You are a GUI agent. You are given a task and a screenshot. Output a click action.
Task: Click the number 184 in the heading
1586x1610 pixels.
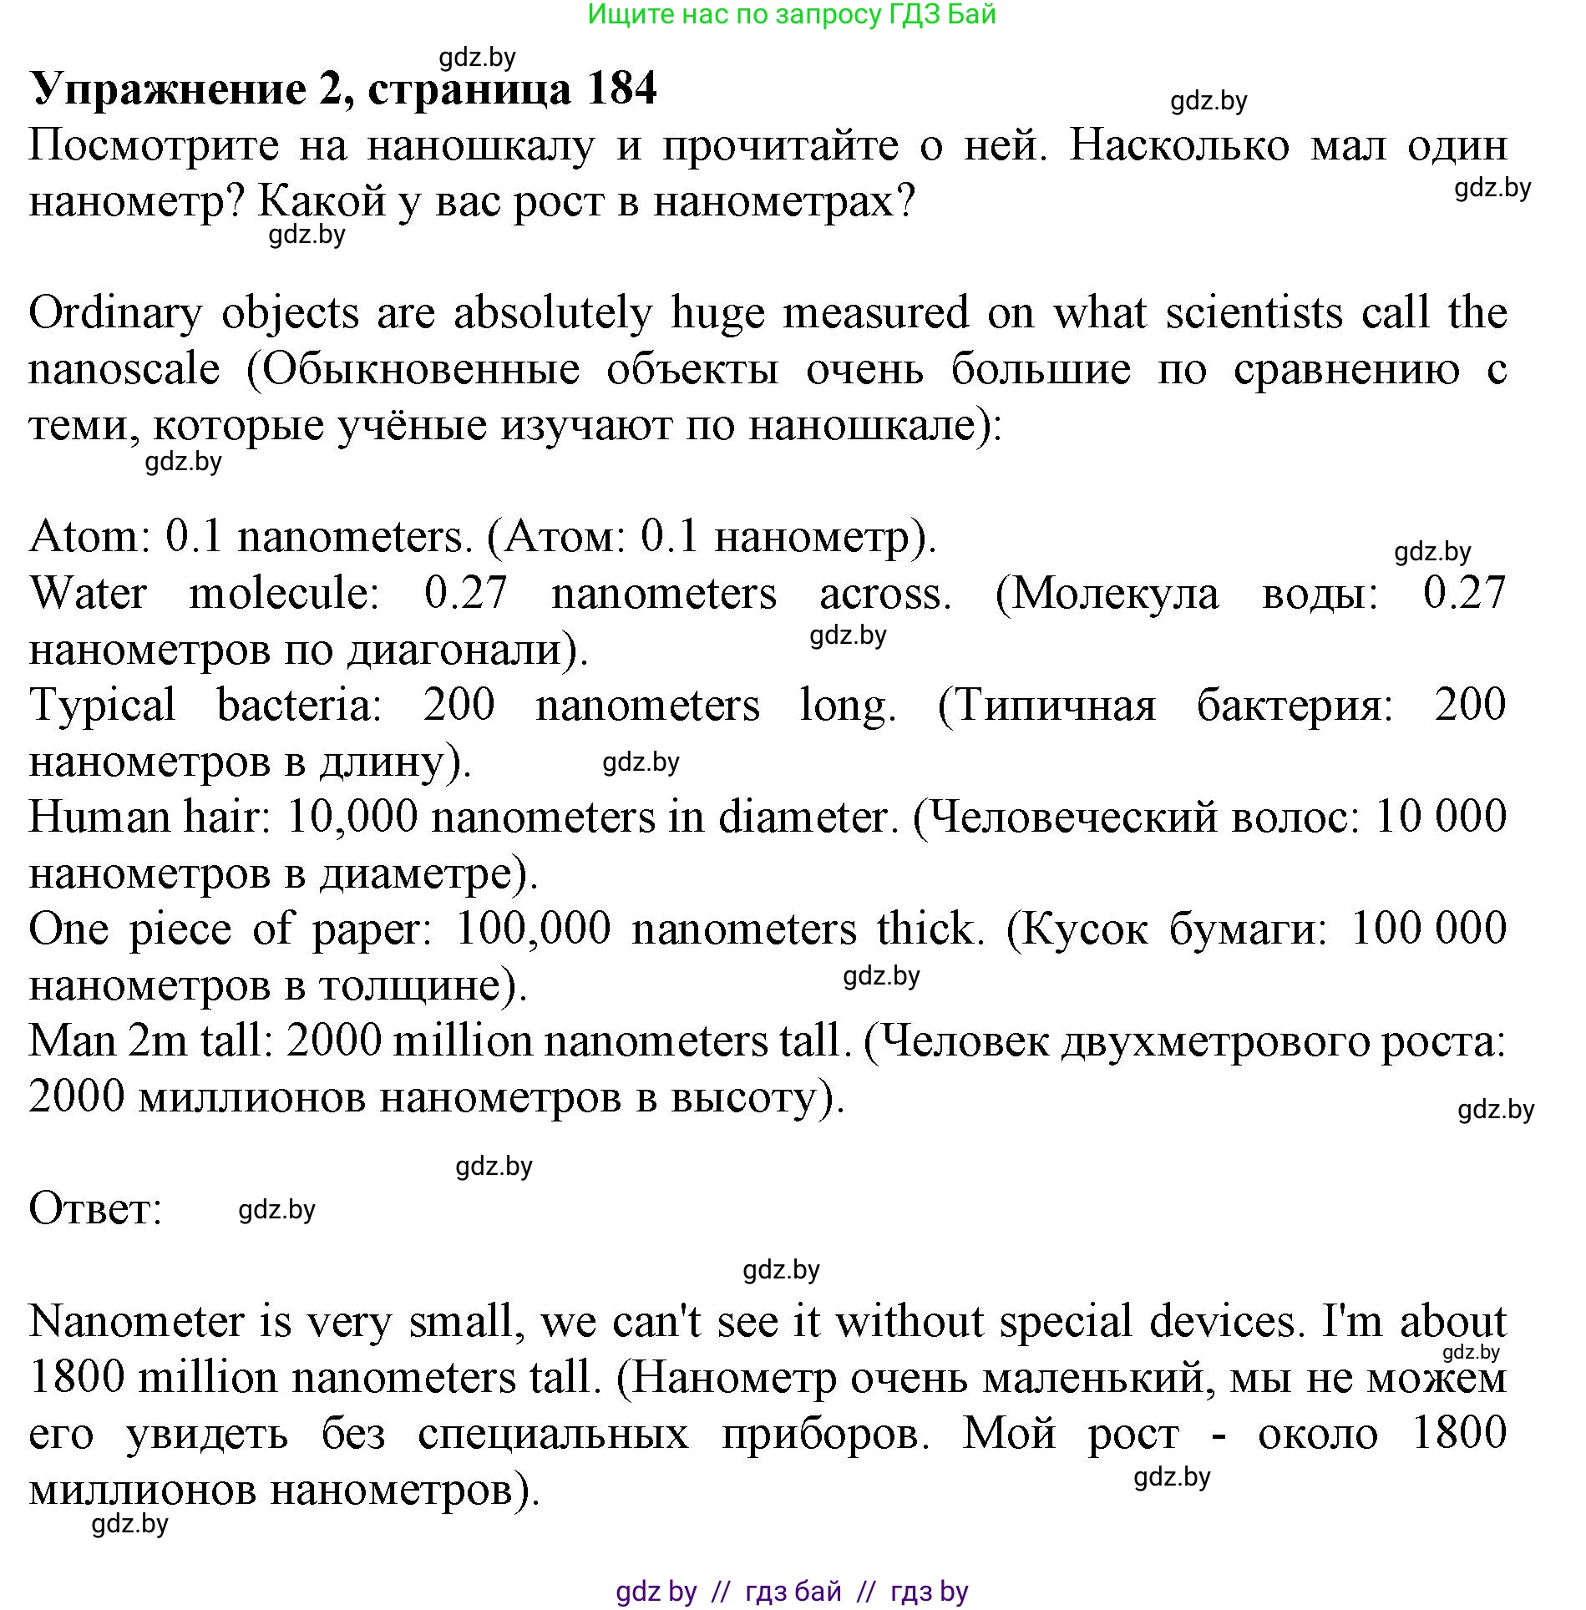point(621,89)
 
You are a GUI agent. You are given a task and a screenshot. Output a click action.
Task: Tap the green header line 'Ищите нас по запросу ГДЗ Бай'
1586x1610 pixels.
point(792,15)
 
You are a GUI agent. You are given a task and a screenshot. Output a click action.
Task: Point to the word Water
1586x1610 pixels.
point(89,593)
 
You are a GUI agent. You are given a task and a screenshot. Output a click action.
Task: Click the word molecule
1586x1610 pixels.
point(284,593)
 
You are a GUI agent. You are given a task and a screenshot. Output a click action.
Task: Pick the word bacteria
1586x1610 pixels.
point(299,705)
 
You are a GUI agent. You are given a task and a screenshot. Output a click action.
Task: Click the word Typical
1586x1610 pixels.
point(102,706)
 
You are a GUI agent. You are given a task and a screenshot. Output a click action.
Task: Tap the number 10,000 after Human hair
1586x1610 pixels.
point(352,817)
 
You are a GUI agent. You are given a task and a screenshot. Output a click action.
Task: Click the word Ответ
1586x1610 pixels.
point(95,1209)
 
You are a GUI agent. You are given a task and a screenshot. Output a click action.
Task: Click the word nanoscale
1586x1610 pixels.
point(124,369)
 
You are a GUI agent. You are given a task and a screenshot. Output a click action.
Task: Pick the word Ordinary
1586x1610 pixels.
point(115,314)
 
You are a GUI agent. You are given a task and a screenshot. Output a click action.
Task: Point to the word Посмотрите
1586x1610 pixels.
point(154,146)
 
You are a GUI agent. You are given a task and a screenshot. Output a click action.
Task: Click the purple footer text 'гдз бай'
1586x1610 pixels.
point(793,1592)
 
